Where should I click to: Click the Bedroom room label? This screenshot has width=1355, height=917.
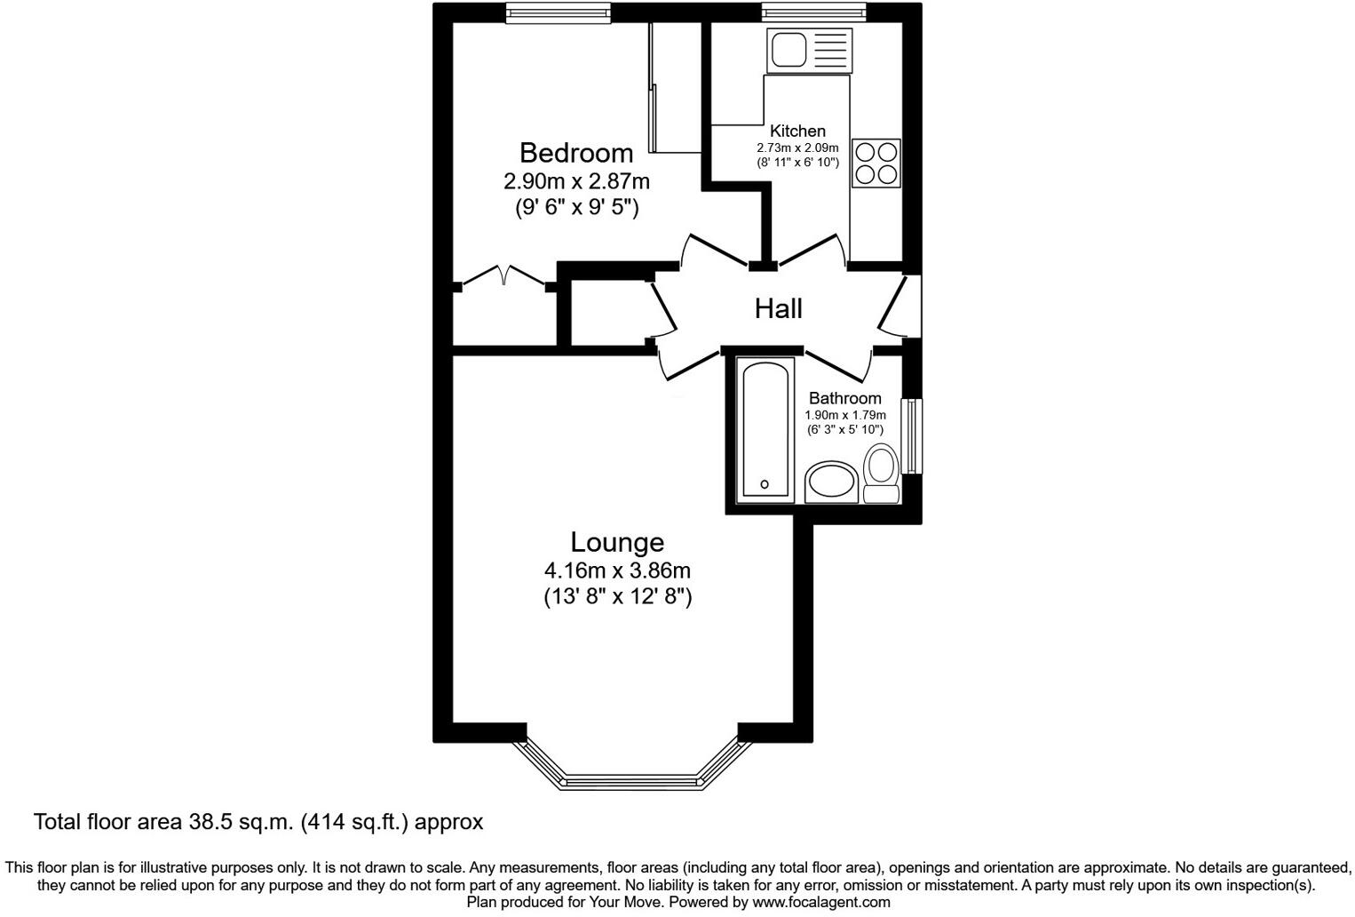[x=576, y=153]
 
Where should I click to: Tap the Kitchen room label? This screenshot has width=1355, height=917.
[x=797, y=132]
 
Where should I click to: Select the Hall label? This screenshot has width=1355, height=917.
[x=778, y=308]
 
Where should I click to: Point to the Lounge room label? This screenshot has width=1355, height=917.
[x=617, y=542]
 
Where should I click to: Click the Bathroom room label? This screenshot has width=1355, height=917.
[x=844, y=398]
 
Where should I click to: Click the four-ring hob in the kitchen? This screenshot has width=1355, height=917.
[x=876, y=163]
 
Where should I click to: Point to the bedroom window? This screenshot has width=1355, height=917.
[x=559, y=12]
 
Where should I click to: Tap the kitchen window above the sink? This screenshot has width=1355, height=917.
[x=812, y=12]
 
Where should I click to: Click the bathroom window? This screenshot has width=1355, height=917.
[x=913, y=436]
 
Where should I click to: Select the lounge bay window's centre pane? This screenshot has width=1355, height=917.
[x=632, y=782]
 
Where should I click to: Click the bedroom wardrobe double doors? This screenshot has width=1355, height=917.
[x=503, y=275]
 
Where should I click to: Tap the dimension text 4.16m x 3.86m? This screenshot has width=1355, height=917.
[x=617, y=570]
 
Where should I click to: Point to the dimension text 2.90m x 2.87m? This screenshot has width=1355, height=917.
[x=576, y=182]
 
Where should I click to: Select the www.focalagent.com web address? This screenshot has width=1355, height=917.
[x=820, y=902]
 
